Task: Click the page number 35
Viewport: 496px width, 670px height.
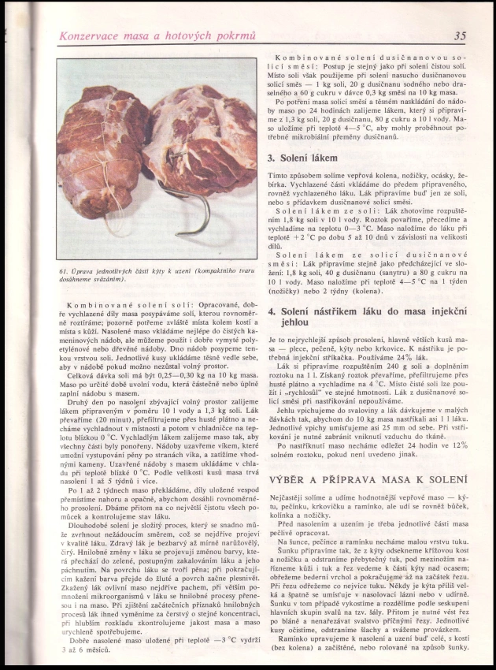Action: click(x=460, y=35)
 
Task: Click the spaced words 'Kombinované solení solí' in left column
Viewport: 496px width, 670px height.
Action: click(x=122, y=304)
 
